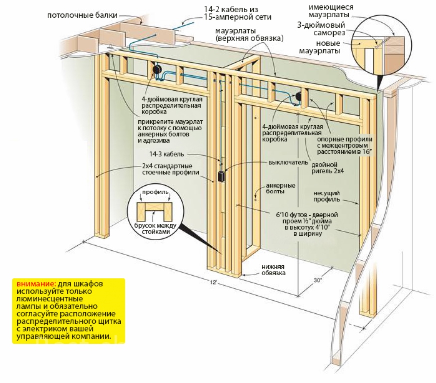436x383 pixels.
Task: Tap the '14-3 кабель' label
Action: (184, 154)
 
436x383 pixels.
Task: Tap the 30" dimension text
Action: (318, 280)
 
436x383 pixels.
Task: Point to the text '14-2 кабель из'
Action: (238, 8)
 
